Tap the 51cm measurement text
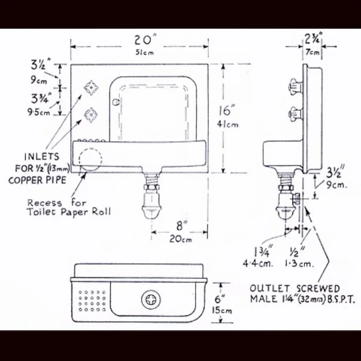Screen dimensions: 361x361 (x=144, y=53)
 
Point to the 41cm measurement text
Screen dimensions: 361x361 (x=228, y=125)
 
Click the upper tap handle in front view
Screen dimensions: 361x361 (x=91, y=88)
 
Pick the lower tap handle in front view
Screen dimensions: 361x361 (x=91, y=115)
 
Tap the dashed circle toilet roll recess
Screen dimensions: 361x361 (x=91, y=160)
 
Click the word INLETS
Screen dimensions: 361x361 (x=42, y=157)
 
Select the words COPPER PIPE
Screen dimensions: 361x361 (x=37, y=180)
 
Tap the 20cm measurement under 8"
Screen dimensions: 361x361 (x=180, y=239)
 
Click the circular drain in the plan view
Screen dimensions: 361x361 (x=151, y=299)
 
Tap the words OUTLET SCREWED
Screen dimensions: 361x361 (x=295, y=288)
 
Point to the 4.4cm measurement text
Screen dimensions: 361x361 (x=258, y=263)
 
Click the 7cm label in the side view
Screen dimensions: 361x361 (x=313, y=52)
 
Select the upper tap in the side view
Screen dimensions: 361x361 (x=296, y=87)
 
